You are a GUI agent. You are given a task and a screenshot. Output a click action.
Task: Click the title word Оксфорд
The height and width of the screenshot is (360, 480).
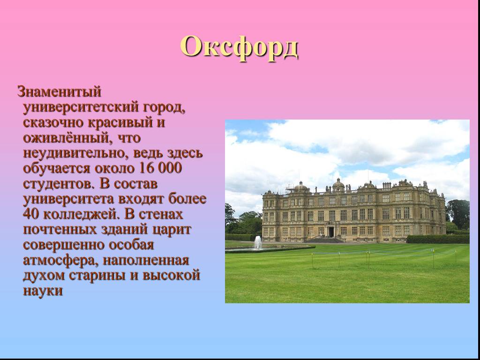239,47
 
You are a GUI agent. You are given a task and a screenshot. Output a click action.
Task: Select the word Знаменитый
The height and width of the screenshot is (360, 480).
59,91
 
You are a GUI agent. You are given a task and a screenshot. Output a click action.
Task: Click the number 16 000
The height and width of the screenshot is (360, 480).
160,168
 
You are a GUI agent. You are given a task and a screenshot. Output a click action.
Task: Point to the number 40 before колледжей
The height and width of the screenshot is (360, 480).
31,214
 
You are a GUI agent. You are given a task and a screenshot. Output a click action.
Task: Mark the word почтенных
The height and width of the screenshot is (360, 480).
60,230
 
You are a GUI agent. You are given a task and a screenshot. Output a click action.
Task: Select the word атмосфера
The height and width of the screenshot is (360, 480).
61,261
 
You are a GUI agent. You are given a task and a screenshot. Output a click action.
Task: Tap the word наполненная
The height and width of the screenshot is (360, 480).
146,261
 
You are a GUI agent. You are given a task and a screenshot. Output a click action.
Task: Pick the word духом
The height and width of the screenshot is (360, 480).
44,276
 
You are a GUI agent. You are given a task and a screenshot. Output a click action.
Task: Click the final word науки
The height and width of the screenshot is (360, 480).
43,291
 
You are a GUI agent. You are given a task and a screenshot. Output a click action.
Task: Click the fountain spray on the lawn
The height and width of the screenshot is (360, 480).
258,242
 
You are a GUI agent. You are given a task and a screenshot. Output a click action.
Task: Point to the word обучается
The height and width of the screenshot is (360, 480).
57,168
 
